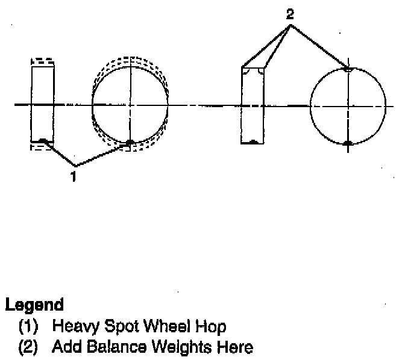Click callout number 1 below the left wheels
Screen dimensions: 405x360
coord(74,176)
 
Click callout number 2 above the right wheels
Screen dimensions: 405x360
coord(290,14)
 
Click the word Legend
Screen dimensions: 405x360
coord(34,305)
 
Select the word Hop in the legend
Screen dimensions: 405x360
coord(214,327)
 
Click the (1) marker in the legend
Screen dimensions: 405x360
coord(29,327)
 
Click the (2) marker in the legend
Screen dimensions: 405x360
coord(29,347)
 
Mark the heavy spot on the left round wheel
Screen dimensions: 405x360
coord(130,143)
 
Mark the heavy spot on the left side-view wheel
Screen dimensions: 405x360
coord(42,141)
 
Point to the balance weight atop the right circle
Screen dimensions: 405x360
coord(348,69)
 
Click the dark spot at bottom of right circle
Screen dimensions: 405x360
coord(348,143)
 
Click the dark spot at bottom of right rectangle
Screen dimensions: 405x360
coord(253,142)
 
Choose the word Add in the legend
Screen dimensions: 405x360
coord(64,347)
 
